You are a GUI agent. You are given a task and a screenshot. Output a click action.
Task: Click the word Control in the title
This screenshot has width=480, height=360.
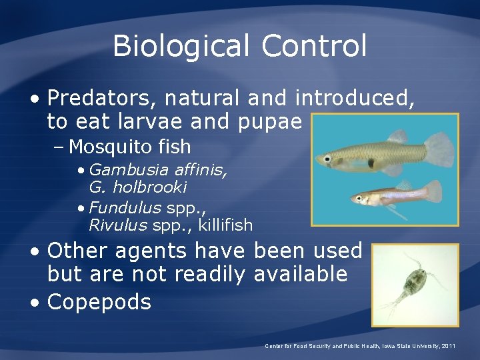[x=314, y=47]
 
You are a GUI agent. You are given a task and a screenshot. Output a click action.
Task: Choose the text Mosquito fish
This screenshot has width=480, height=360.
[x=130, y=147]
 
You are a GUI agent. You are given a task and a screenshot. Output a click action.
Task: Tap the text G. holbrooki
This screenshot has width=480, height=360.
[x=138, y=187]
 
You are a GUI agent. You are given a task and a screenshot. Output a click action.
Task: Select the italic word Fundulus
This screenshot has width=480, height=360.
[x=119, y=207]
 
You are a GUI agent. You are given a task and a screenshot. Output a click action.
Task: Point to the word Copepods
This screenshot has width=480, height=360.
[x=99, y=302]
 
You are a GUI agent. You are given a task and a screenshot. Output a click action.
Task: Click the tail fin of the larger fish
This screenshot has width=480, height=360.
[x=437, y=147]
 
